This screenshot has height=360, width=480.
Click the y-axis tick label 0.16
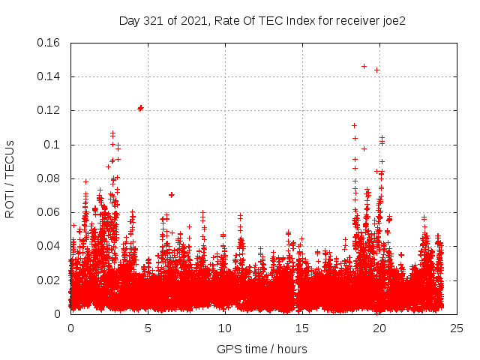pos(49,43)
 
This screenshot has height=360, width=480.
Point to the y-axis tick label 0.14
pos(49,76)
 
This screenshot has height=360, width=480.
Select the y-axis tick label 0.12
pos(49,110)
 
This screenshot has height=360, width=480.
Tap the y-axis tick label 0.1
pos(52,145)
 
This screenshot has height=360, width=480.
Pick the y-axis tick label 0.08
pos(49,178)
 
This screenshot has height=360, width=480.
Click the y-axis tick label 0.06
pos(49,212)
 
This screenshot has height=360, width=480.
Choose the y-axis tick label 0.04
pos(49,246)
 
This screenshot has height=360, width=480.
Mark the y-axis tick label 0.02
pos(49,280)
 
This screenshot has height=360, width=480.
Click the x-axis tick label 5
pos(148,328)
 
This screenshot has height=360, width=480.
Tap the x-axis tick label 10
pos(225,328)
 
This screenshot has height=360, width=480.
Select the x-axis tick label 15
pos(302,328)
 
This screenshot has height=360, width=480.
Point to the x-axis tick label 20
pos(379,328)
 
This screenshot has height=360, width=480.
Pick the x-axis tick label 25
pos(457,328)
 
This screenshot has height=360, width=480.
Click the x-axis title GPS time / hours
pos(262,349)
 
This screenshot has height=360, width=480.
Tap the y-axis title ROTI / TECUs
pos(10,178)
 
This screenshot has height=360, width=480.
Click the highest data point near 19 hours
pos(364,66)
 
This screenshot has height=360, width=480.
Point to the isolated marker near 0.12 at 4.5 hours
pos(140,108)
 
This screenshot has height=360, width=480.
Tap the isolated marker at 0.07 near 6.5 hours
pos(171,195)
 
